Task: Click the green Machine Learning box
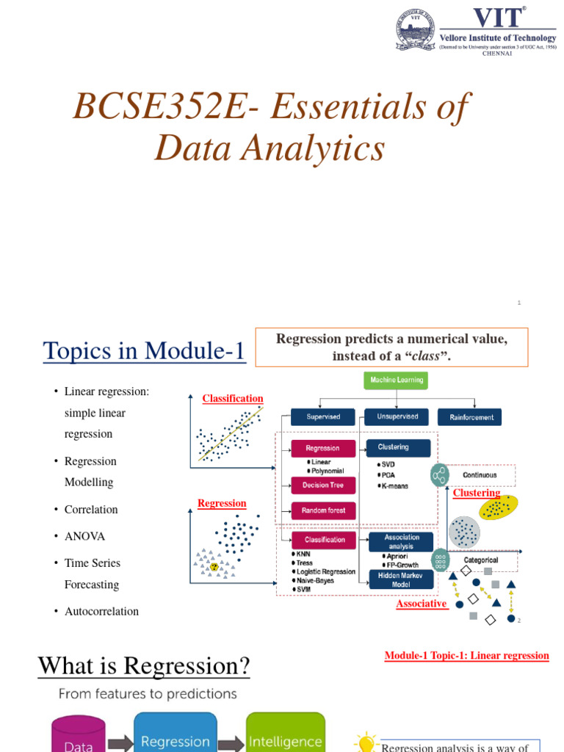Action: click(395, 380)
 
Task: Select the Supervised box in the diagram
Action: click(323, 416)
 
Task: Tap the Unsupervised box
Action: click(397, 416)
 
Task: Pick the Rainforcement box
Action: click(471, 417)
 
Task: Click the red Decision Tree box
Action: click(323, 485)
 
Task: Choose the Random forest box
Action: click(323, 510)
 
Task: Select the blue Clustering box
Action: click(399, 447)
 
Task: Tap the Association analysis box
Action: click(401, 542)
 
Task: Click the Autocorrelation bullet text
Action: click(101, 611)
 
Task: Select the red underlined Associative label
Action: click(422, 604)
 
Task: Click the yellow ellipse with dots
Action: click(498, 507)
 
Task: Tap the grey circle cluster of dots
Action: click(464, 532)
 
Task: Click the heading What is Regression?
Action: click(144, 666)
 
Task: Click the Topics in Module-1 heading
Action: click(144, 351)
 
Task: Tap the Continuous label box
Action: click(480, 475)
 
